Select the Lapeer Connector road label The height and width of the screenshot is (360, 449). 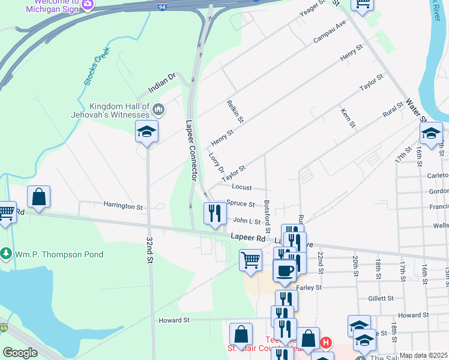(x=191, y=150)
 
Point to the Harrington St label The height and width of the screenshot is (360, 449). (x=122, y=206)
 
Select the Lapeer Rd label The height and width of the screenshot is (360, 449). (x=248, y=238)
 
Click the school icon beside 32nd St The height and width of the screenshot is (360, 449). (x=146, y=131)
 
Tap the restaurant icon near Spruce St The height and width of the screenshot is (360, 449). (x=214, y=213)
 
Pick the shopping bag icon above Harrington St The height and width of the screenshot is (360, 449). (x=38, y=197)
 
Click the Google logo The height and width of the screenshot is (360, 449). (x=20, y=353)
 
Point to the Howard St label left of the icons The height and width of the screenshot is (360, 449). (x=174, y=320)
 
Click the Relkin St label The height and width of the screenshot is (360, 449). (x=235, y=112)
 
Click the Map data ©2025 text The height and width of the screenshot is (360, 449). (x=423, y=355)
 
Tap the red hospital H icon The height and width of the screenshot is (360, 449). (x=325, y=343)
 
